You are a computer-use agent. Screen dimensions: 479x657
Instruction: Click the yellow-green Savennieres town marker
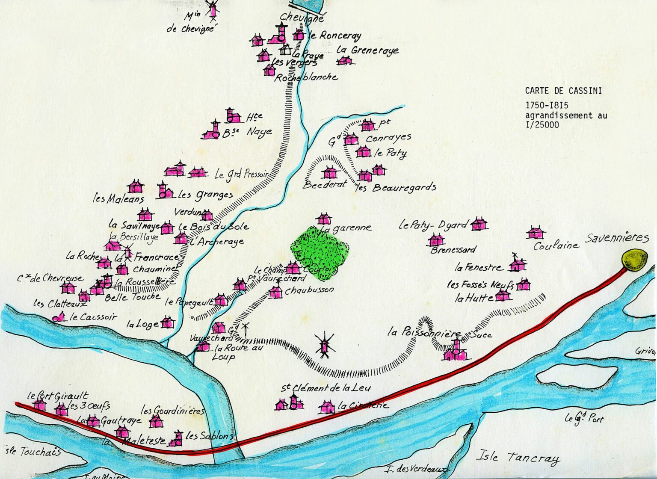pyautogui.click(x=635, y=260)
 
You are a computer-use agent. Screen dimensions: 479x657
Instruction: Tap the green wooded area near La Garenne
pyautogui.click(x=319, y=252)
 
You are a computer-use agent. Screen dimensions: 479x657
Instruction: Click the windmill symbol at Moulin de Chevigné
pyautogui.click(x=212, y=9)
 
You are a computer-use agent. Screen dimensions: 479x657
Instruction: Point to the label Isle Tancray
pyautogui.click(x=518, y=457)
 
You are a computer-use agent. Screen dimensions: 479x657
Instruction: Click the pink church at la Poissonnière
pyautogui.click(x=456, y=351)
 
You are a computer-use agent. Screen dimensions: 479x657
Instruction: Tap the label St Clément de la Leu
pyautogui.click(x=325, y=388)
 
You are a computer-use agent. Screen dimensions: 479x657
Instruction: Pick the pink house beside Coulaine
pyautogui.click(x=535, y=233)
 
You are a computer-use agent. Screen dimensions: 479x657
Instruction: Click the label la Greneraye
pyautogui.click(x=367, y=50)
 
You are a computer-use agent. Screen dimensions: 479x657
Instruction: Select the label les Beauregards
pyautogui.click(x=396, y=187)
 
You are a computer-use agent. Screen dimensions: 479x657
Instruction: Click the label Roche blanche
pyautogui.click(x=306, y=77)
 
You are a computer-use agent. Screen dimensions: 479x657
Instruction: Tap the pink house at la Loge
pyautogui.click(x=167, y=322)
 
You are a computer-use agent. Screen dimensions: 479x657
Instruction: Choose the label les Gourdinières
pyautogui.click(x=173, y=411)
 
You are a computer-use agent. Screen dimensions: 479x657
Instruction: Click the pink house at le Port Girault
pyautogui.click(x=40, y=404)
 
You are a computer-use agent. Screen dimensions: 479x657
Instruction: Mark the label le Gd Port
pyautogui.click(x=583, y=418)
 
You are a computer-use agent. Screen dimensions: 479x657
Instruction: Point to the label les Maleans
pyautogui.click(x=118, y=199)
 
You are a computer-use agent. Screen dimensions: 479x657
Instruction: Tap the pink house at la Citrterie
pyautogui.click(x=327, y=407)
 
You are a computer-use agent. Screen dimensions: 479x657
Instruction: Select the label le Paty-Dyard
pyautogui.click(x=432, y=225)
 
